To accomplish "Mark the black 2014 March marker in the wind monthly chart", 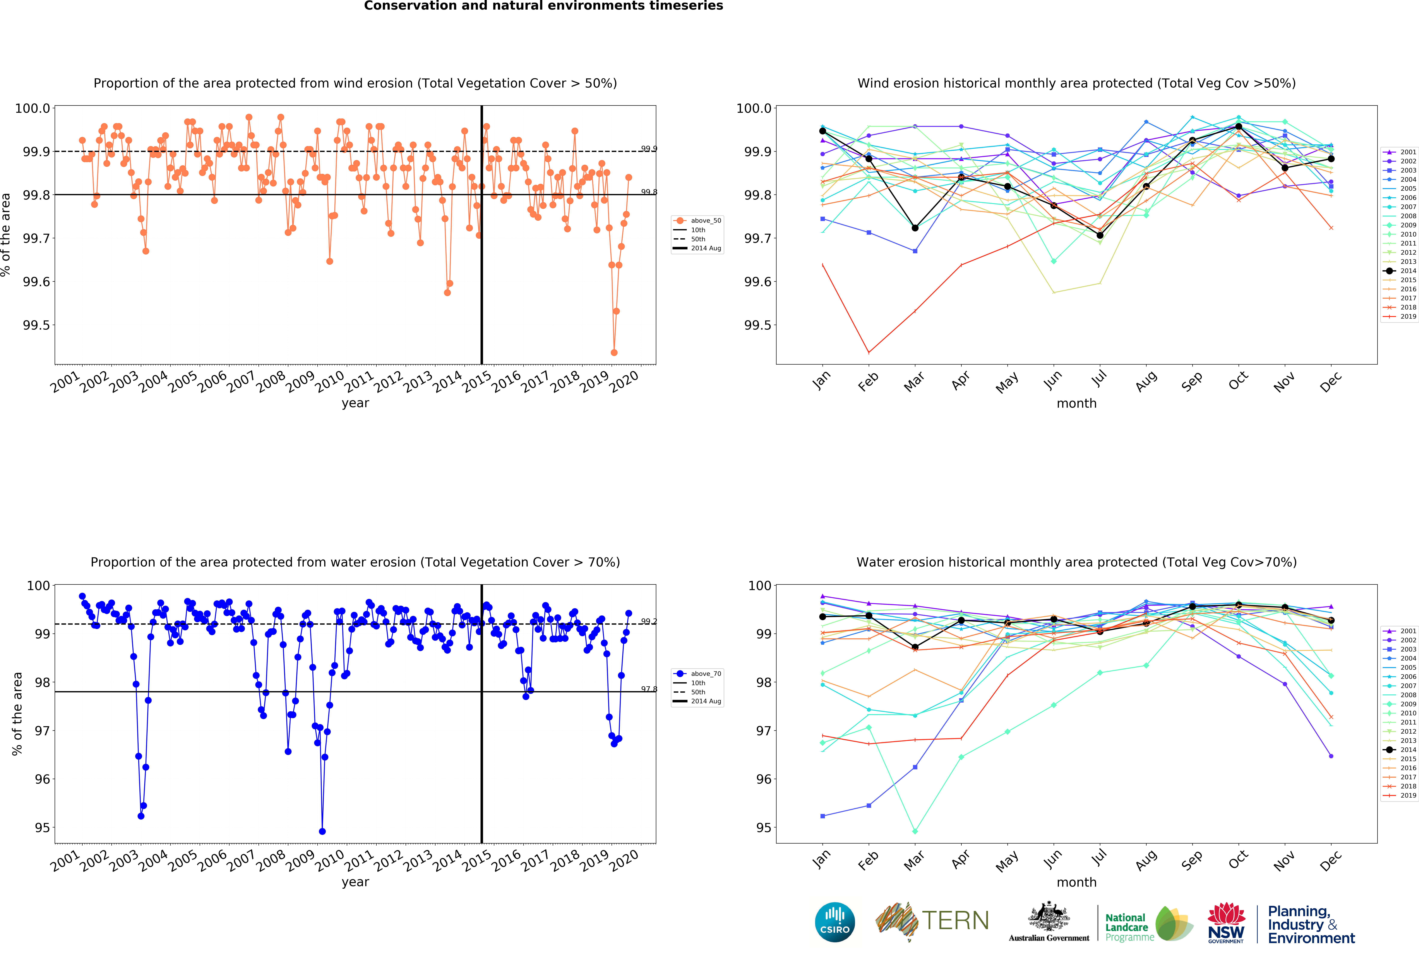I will [915, 228].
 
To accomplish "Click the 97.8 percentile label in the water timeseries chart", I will [648, 689].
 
